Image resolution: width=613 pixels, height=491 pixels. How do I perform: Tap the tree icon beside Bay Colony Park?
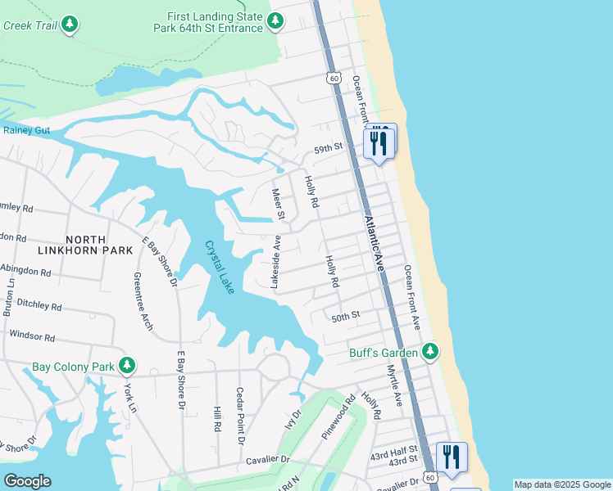tap(126, 365)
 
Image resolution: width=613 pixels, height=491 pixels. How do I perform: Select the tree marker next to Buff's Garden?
tap(430, 352)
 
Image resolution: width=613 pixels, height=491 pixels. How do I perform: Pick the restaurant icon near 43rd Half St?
tap(451, 457)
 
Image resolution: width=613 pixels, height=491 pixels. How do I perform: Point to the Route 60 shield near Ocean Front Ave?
tap(332, 78)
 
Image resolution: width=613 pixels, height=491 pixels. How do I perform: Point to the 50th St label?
tap(346, 315)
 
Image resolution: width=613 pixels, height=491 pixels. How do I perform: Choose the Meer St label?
tap(278, 205)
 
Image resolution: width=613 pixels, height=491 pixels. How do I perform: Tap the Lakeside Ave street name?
tap(276, 262)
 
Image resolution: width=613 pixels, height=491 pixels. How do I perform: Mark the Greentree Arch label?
tap(143, 301)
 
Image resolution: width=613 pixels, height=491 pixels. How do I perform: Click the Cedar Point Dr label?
tap(241, 415)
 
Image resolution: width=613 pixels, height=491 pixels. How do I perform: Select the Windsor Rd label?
tap(32, 336)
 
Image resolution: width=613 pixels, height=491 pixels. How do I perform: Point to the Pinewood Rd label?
tap(338, 418)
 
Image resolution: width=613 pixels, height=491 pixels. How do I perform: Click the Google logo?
tap(27, 480)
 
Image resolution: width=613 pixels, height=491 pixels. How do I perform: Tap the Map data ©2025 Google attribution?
tap(562, 484)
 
